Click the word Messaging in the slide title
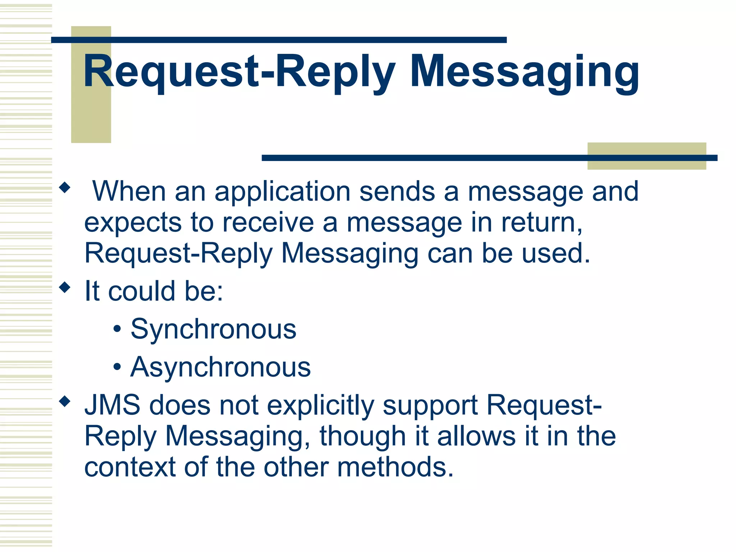(x=525, y=72)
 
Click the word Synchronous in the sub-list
(x=213, y=329)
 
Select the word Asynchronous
(x=221, y=367)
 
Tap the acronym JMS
(x=112, y=405)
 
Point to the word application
(x=282, y=191)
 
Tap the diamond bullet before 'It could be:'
(x=65, y=287)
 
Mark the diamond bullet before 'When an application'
(x=65, y=187)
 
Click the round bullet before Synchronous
(x=117, y=330)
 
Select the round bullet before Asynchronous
(x=117, y=367)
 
